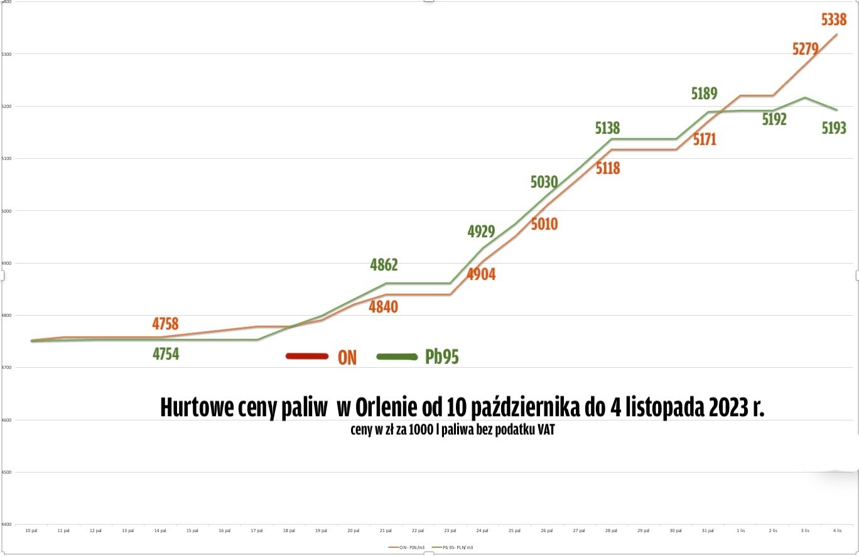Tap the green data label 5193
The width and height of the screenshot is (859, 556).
[x=834, y=129]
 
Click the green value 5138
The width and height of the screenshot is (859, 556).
[x=607, y=129]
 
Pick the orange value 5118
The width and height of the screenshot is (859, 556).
[x=607, y=168]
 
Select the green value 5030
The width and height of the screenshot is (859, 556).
[x=544, y=183]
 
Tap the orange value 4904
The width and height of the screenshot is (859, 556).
[x=480, y=274]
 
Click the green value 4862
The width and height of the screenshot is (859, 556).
[x=384, y=265]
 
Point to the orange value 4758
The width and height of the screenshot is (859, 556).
[x=166, y=324]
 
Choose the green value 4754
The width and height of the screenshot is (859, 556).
[x=166, y=355]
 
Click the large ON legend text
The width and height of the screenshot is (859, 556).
[x=347, y=358]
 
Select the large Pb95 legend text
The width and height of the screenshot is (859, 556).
[x=442, y=357]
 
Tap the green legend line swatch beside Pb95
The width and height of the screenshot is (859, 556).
[x=397, y=357]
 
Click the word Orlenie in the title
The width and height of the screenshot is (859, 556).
[x=385, y=408]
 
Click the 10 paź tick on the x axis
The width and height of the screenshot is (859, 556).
[x=31, y=531]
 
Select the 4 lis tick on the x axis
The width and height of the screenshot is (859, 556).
[x=837, y=531]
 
